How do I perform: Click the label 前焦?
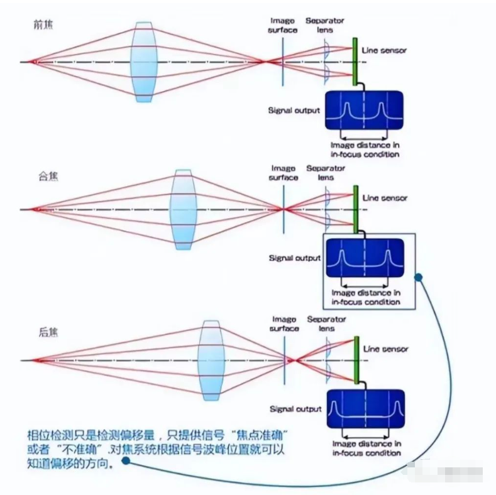pos(43,24)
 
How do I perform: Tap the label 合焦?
pos(43,178)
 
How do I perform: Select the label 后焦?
pos(43,331)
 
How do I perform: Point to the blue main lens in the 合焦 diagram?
pos(182,209)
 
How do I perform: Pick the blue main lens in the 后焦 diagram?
pos(211,360)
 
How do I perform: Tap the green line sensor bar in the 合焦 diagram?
pos(356,209)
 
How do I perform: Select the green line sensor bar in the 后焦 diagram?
pos(356,360)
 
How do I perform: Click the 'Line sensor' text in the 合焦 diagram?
pos(385,198)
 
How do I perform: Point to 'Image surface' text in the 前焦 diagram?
pos(283,25)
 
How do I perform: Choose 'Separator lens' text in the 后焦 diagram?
pos(326,324)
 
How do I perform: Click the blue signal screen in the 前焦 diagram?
pos(364,111)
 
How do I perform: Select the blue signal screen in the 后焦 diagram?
pos(365,409)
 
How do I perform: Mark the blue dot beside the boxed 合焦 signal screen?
pos(418,276)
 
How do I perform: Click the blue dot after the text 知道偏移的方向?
pos(126,460)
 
